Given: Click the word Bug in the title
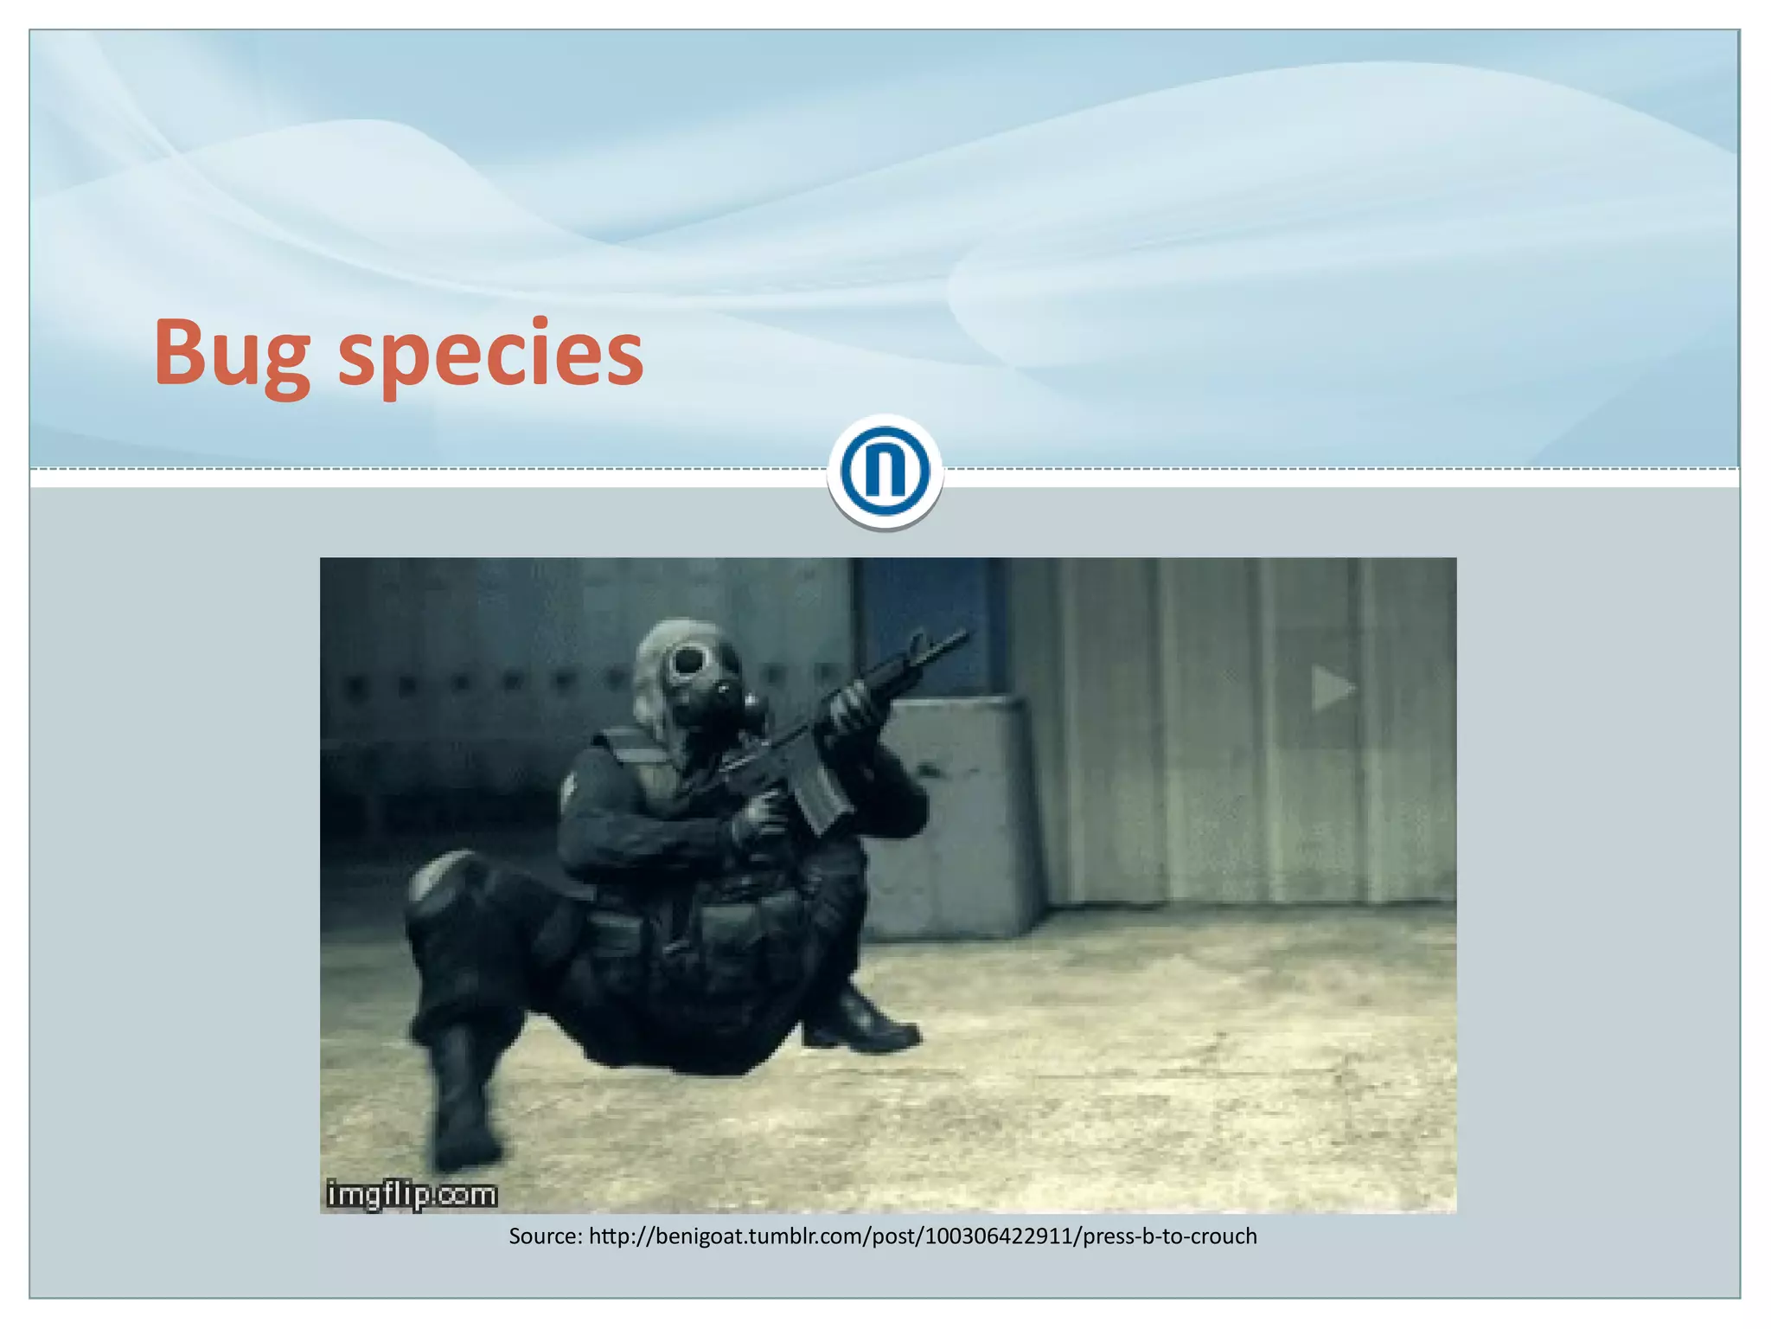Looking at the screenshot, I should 231,355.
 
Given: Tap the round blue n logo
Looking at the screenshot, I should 885,472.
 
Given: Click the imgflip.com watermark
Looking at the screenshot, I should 412,1195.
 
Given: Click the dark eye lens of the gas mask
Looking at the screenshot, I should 689,662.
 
